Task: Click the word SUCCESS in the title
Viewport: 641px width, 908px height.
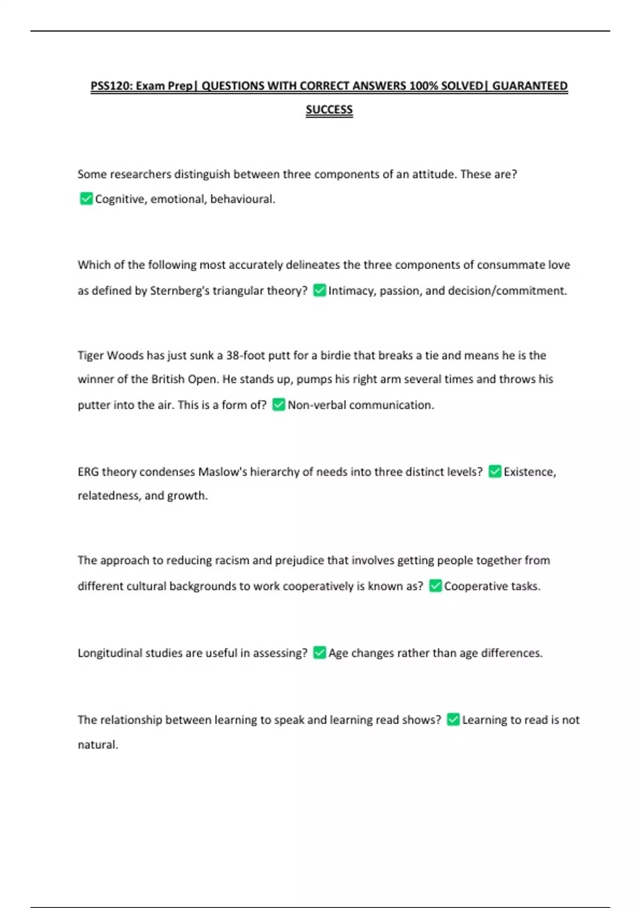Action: pyautogui.click(x=329, y=109)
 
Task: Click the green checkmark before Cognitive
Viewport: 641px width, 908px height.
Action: pyautogui.click(x=86, y=199)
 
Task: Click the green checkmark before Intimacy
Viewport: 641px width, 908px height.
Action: pyautogui.click(x=319, y=290)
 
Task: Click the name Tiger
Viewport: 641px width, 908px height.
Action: pyautogui.click(x=91, y=356)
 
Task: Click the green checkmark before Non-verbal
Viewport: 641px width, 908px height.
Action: pyautogui.click(x=279, y=404)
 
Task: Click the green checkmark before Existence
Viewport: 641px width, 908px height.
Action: pyautogui.click(x=495, y=471)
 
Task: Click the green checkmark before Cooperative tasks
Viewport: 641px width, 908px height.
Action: pyautogui.click(x=435, y=585)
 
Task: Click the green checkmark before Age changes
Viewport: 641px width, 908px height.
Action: pyautogui.click(x=319, y=652)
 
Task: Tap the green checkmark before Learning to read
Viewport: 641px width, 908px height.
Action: pyautogui.click(x=453, y=719)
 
